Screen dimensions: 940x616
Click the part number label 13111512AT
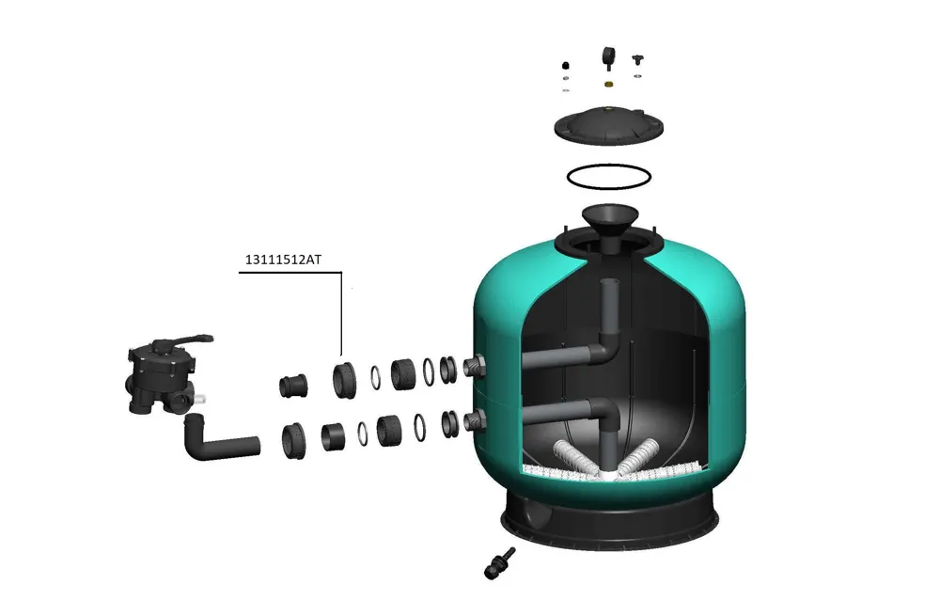point(283,260)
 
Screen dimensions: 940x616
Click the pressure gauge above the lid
point(609,58)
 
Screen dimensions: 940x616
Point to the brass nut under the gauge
point(608,84)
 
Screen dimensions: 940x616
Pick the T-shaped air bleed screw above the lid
point(637,60)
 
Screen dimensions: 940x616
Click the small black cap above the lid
point(565,66)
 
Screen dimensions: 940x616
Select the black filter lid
point(608,125)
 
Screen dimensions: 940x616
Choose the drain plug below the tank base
point(499,564)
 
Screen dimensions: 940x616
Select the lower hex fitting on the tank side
point(475,420)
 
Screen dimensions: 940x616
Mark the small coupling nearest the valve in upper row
point(293,386)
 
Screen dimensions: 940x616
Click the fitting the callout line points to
point(344,380)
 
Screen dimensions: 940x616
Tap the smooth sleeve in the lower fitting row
point(333,436)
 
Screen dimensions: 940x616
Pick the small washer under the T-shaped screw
point(637,76)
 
